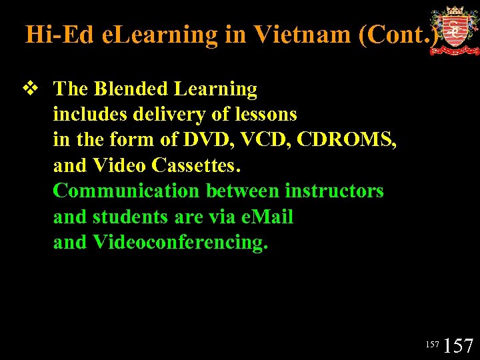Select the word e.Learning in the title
point(160,34)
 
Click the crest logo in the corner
point(454,30)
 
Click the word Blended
point(133,89)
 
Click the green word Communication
point(126,191)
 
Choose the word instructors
point(334,191)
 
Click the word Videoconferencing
point(180,242)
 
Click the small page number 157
point(433,344)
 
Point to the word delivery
point(171,115)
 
